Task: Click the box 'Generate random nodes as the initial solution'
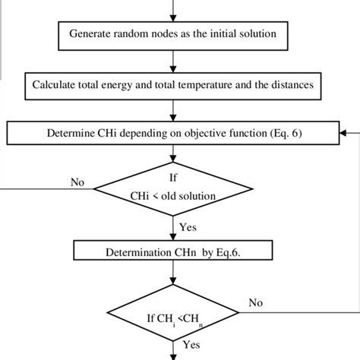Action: coord(178,34)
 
